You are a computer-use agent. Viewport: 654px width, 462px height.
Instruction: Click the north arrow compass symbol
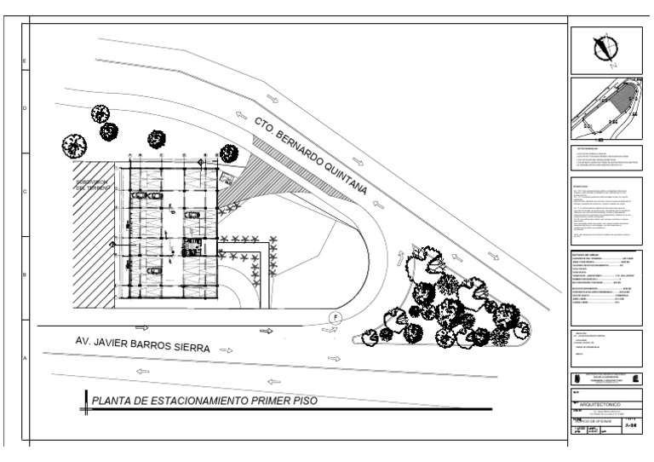tap(605, 49)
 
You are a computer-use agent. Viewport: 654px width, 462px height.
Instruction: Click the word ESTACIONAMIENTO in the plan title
tap(208, 399)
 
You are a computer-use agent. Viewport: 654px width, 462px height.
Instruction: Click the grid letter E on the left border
tap(25, 62)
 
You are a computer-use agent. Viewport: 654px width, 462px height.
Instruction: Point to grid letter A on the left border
tap(25, 358)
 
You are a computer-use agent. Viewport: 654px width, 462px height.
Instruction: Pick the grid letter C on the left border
tap(25, 192)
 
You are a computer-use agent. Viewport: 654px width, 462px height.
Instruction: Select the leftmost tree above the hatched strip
tap(74, 146)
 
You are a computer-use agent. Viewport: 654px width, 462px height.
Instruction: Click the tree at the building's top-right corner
tap(228, 153)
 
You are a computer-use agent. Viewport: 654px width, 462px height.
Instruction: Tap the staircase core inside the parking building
tap(191, 248)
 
